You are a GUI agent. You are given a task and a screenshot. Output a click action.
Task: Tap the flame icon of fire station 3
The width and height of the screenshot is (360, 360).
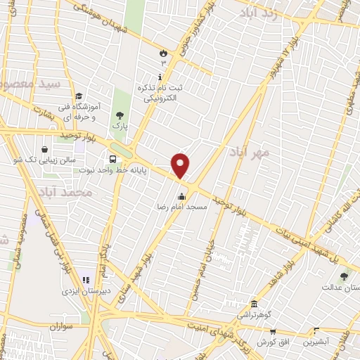click(x=163, y=52)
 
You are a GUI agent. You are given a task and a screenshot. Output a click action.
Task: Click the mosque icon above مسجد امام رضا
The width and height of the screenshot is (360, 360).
click(x=182, y=196)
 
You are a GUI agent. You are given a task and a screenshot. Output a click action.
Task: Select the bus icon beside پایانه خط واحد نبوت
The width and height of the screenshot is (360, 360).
click(x=112, y=157)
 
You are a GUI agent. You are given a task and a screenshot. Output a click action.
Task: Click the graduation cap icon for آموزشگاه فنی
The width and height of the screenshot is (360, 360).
click(x=79, y=96)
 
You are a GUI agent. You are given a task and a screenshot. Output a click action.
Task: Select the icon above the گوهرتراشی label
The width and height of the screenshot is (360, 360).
click(x=254, y=304)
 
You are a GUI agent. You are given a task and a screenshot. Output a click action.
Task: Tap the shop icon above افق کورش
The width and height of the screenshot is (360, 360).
click(x=272, y=330)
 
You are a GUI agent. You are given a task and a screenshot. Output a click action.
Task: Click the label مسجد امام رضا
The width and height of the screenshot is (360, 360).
click(x=181, y=208)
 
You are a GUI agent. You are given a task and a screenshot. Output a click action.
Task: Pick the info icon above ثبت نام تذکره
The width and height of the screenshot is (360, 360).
click(x=161, y=77)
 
